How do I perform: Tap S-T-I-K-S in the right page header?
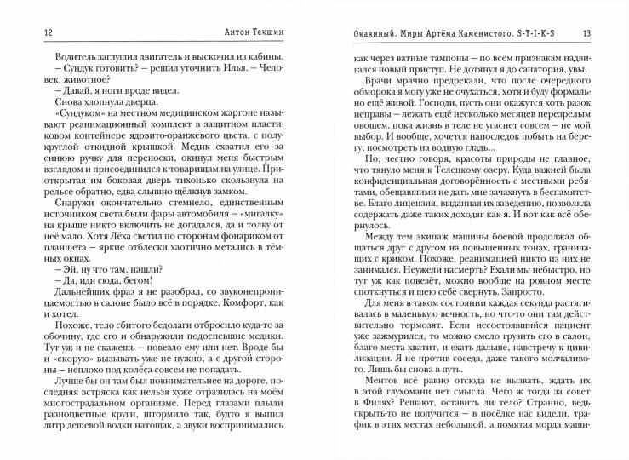click(x=541, y=32)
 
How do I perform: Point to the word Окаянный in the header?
click(x=360, y=32)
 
